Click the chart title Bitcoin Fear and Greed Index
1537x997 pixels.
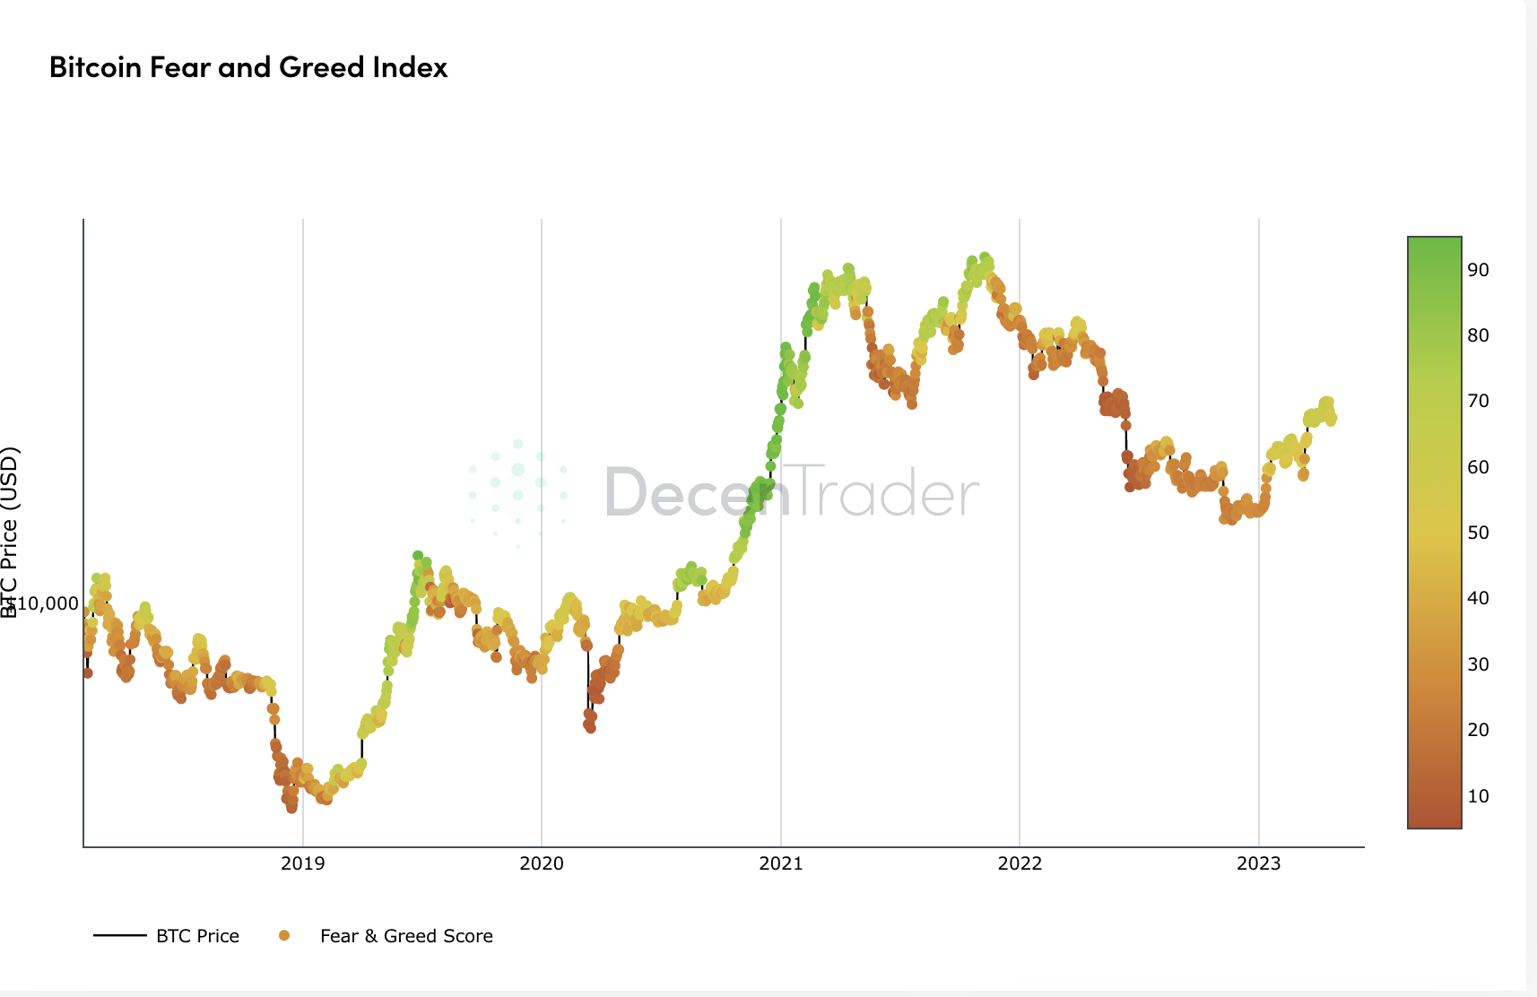(248, 67)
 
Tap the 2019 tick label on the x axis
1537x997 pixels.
(303, 863)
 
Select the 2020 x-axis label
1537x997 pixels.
(542, 863)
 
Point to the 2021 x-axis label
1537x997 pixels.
(781, 863)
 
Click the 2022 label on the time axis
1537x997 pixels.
(1020, 863)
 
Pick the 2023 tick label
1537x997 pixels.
(1259, 863)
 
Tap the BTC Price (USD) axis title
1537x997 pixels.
(10, 533)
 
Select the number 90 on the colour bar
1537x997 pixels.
(1478, 270)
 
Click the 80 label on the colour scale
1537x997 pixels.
(1478, 335)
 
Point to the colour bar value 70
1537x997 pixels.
(1478, 401)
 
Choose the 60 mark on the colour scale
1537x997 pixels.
(1478, 467)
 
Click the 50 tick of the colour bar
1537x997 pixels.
(1478, 533)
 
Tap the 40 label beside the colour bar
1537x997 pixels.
(1478, 598)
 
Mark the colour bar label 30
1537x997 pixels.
(1478, 664)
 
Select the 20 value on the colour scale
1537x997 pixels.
(1478, 730)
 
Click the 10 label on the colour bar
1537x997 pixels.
(1478, 796)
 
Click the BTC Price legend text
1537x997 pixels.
(197, 936)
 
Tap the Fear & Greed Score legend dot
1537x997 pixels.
(284, 936)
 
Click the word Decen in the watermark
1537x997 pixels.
(698, 492)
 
